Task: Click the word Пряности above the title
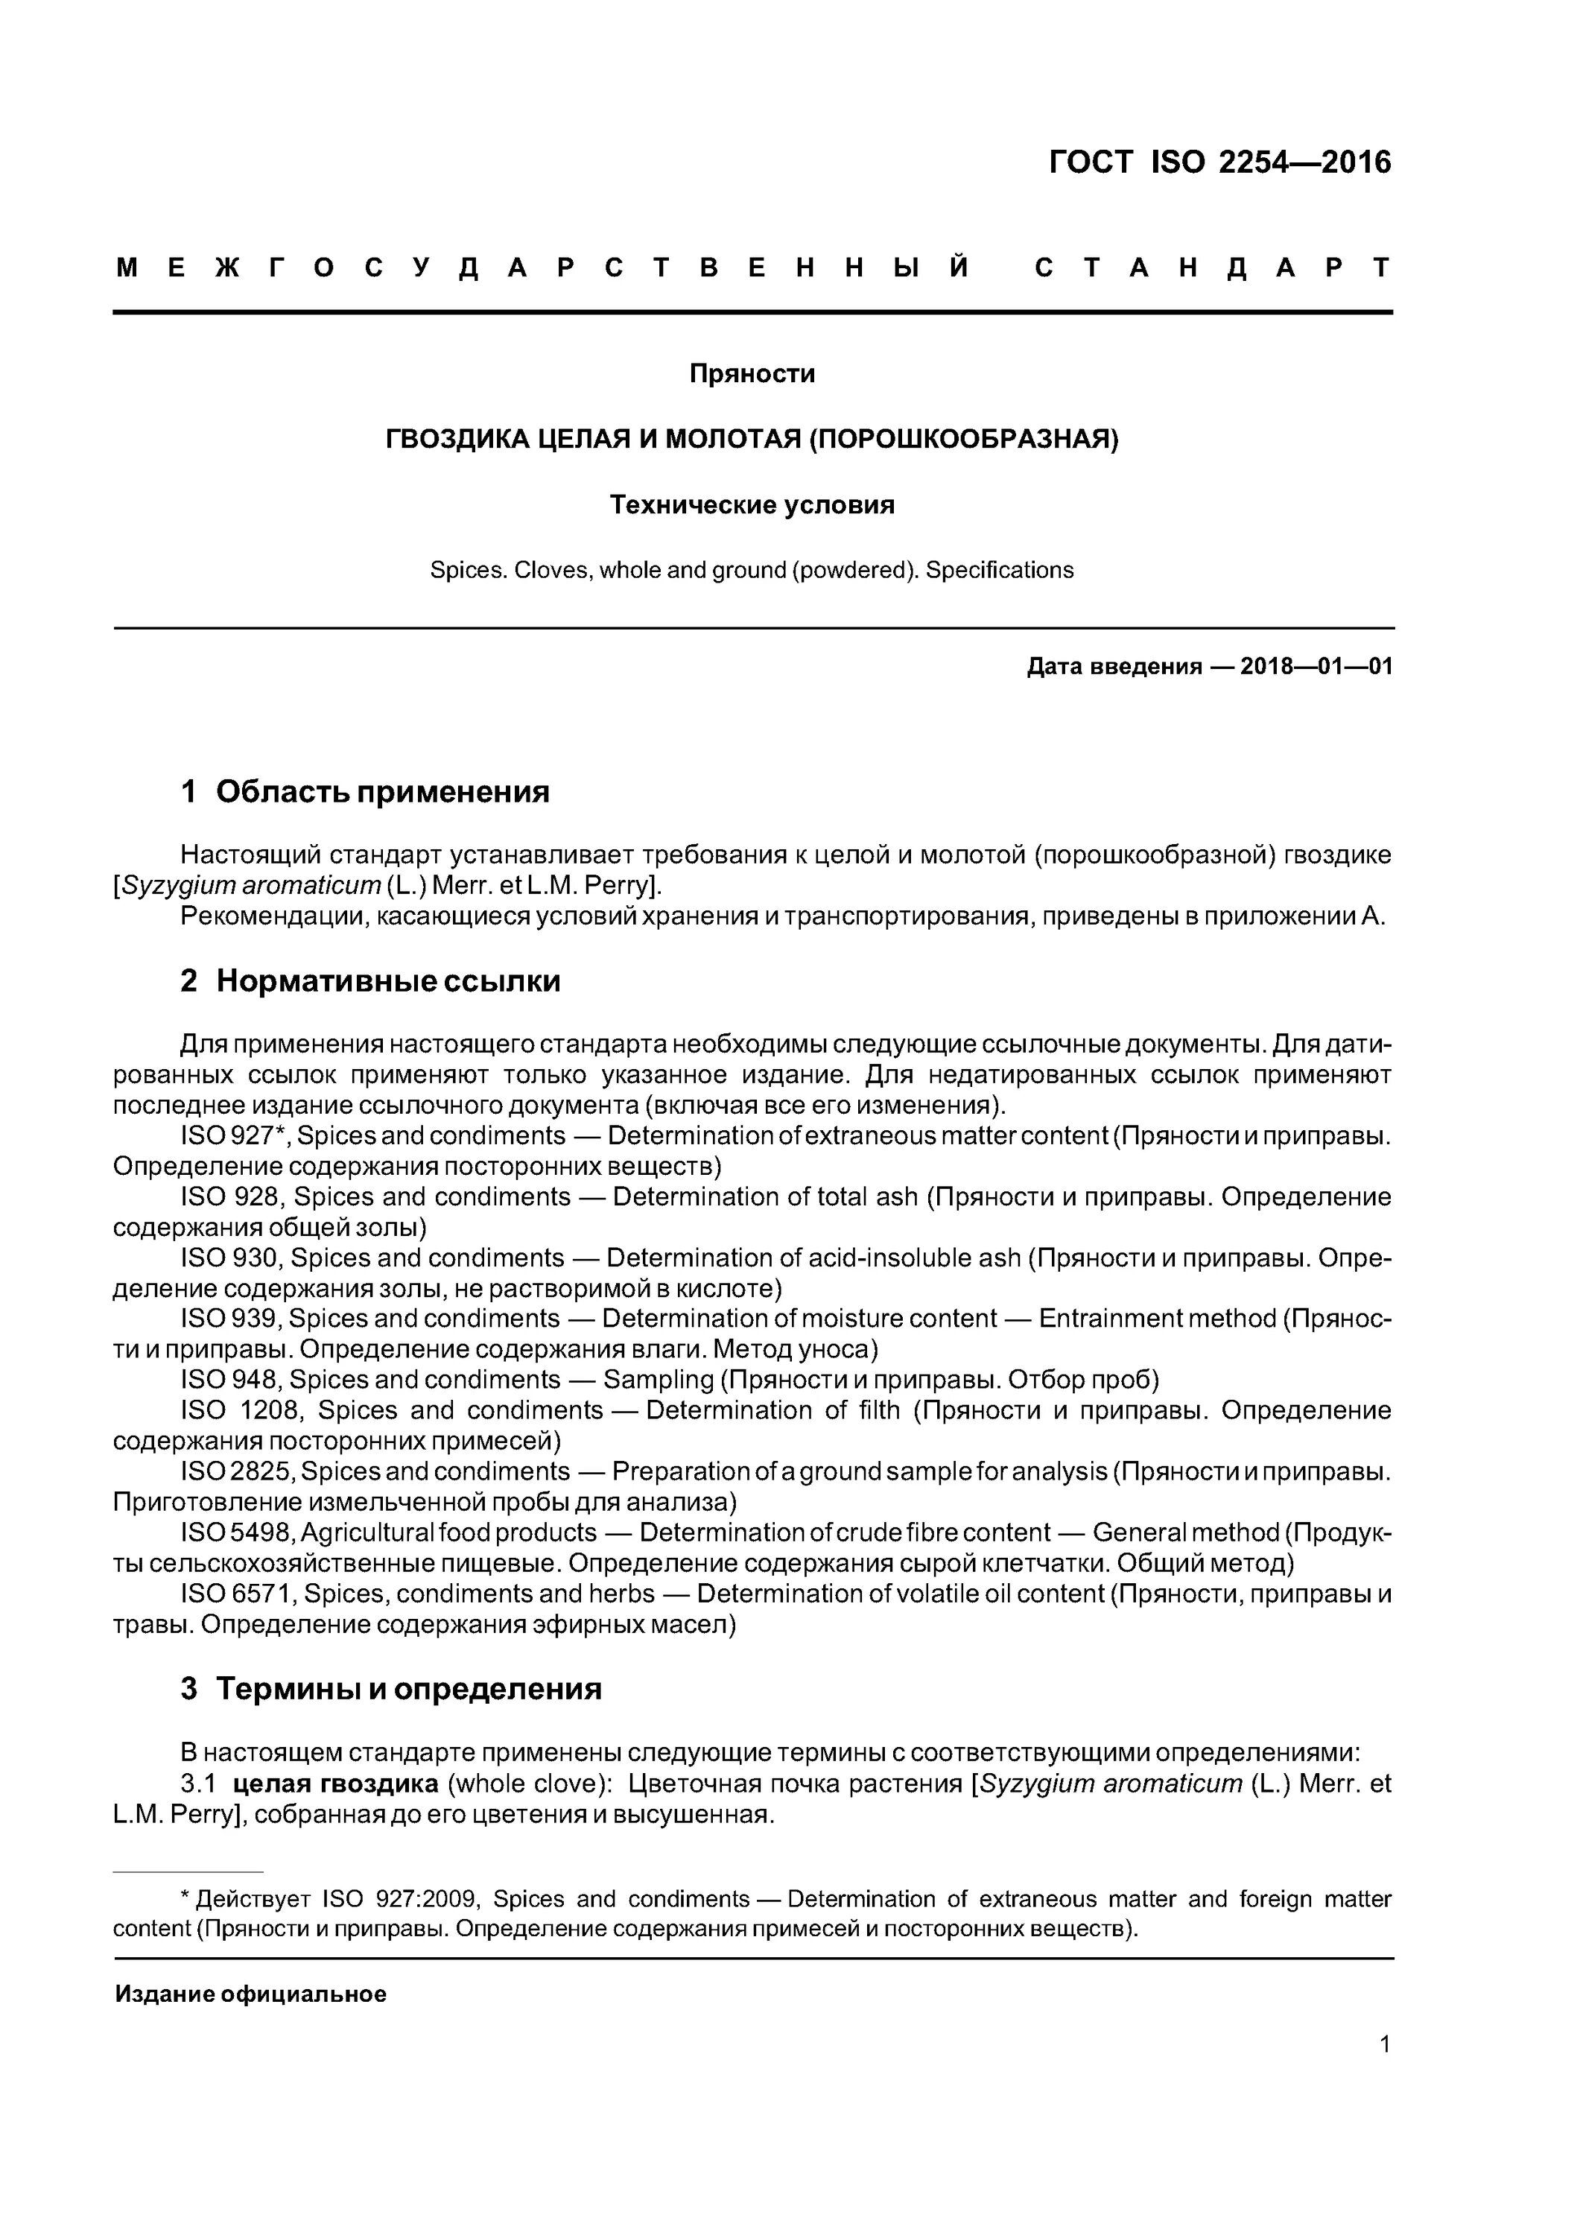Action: tap(752, 374)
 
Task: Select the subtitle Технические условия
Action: tap(752, 505)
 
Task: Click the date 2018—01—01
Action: tap(1316, 667)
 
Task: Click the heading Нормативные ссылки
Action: tap(387, 981)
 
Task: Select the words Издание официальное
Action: tap(250, 1994)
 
